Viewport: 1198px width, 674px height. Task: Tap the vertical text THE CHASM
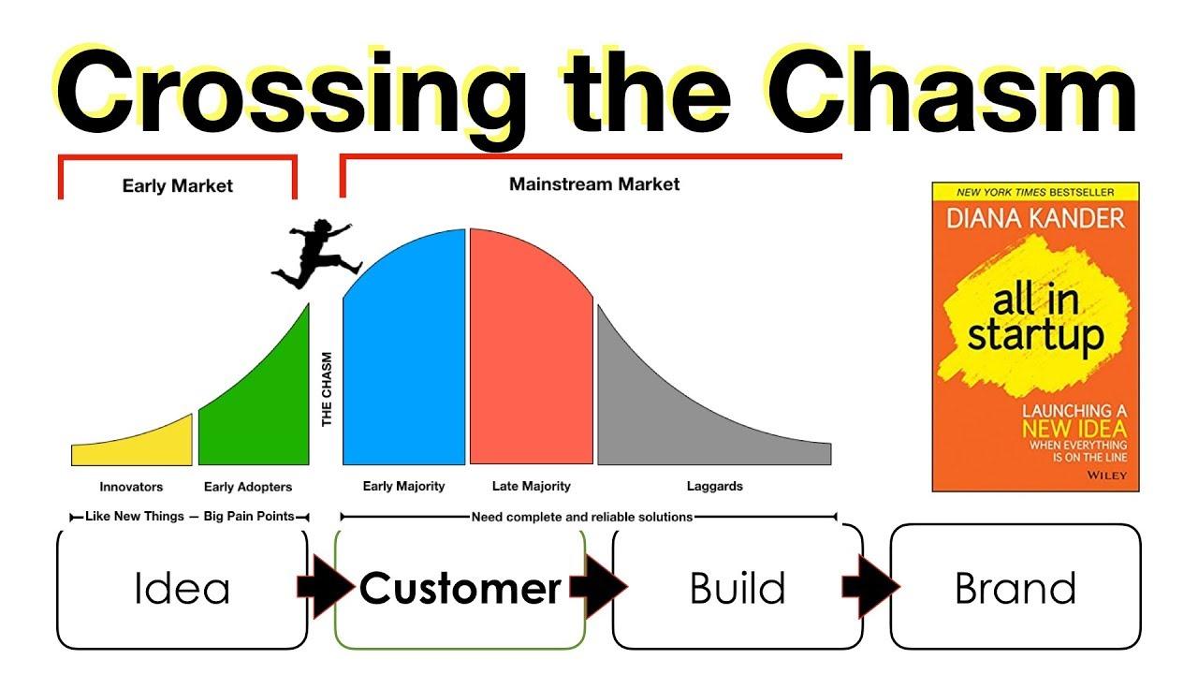(x=327, y=388)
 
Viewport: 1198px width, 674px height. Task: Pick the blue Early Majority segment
(x=404, y=353)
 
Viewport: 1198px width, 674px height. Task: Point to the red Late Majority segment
(x=531, y=353)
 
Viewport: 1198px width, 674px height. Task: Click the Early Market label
(x=178, y=185)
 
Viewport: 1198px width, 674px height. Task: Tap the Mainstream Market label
(x=594, y=184)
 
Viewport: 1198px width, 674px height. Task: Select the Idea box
(x=182, y=589)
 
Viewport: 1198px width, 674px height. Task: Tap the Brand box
(x=1015, y=587)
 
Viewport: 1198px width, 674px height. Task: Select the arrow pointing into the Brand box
(x=871, y=587)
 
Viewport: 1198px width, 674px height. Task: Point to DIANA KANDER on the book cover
(x=1035, y=219)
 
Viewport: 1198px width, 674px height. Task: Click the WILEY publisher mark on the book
(x=1106, y=475)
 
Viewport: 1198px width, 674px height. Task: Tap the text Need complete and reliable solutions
(x=582, y=518)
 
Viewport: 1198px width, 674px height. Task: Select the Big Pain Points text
(x=249, y=516)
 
